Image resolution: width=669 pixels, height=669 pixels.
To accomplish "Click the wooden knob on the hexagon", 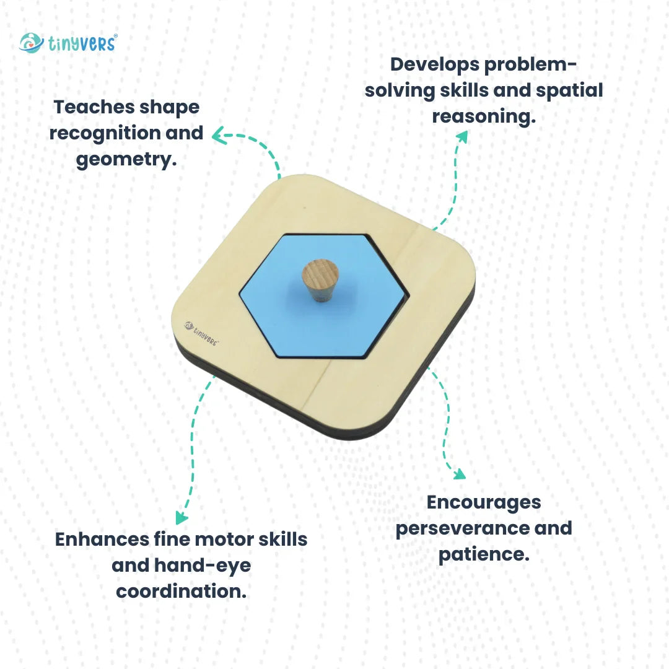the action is pyautogui.click(x=320, y=281).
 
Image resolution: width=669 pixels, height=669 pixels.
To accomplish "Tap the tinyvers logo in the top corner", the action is pyautogui.click(x=68, y=43).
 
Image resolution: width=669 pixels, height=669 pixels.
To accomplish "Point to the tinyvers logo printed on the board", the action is pyautogui.click(x=201, y=333).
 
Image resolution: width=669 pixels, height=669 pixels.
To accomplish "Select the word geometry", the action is pyautogui.click(x=126, y=160).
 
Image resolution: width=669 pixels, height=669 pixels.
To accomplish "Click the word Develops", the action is pyautogui.click(x=435, y=65).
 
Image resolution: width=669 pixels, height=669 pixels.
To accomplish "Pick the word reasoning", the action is pyautogui.click(x=484, y=117).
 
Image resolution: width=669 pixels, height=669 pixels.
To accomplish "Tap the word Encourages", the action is pyautogui.click(x=484, y=503).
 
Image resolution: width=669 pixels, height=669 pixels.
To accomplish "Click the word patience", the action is pyautogui.click(x=484, y=554).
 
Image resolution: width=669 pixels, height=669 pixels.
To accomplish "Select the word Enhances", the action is pyautogui.click(x=102, y=540).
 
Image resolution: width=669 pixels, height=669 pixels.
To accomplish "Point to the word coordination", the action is pyautogui.click(x=181, y=592).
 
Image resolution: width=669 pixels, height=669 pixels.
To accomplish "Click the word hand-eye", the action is pyautogui.click(x=202, y=566).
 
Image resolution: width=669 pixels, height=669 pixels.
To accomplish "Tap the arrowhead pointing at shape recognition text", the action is pyautogui.click(x=219, y=135).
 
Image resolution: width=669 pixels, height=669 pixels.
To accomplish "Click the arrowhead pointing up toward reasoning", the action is pyautogui.click(x=463, y=136).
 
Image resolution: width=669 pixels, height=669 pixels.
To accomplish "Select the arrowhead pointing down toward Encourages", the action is pyautogui.click(x=460, y=474).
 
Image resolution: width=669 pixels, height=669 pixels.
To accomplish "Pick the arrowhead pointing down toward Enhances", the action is pyautogui.click(x=181, y=517).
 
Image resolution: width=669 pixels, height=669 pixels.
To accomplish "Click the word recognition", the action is pyautogui.click(x=105, y=134).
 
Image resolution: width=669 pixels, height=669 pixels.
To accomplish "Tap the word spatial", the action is pyautogui.click(x=569, y=91).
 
